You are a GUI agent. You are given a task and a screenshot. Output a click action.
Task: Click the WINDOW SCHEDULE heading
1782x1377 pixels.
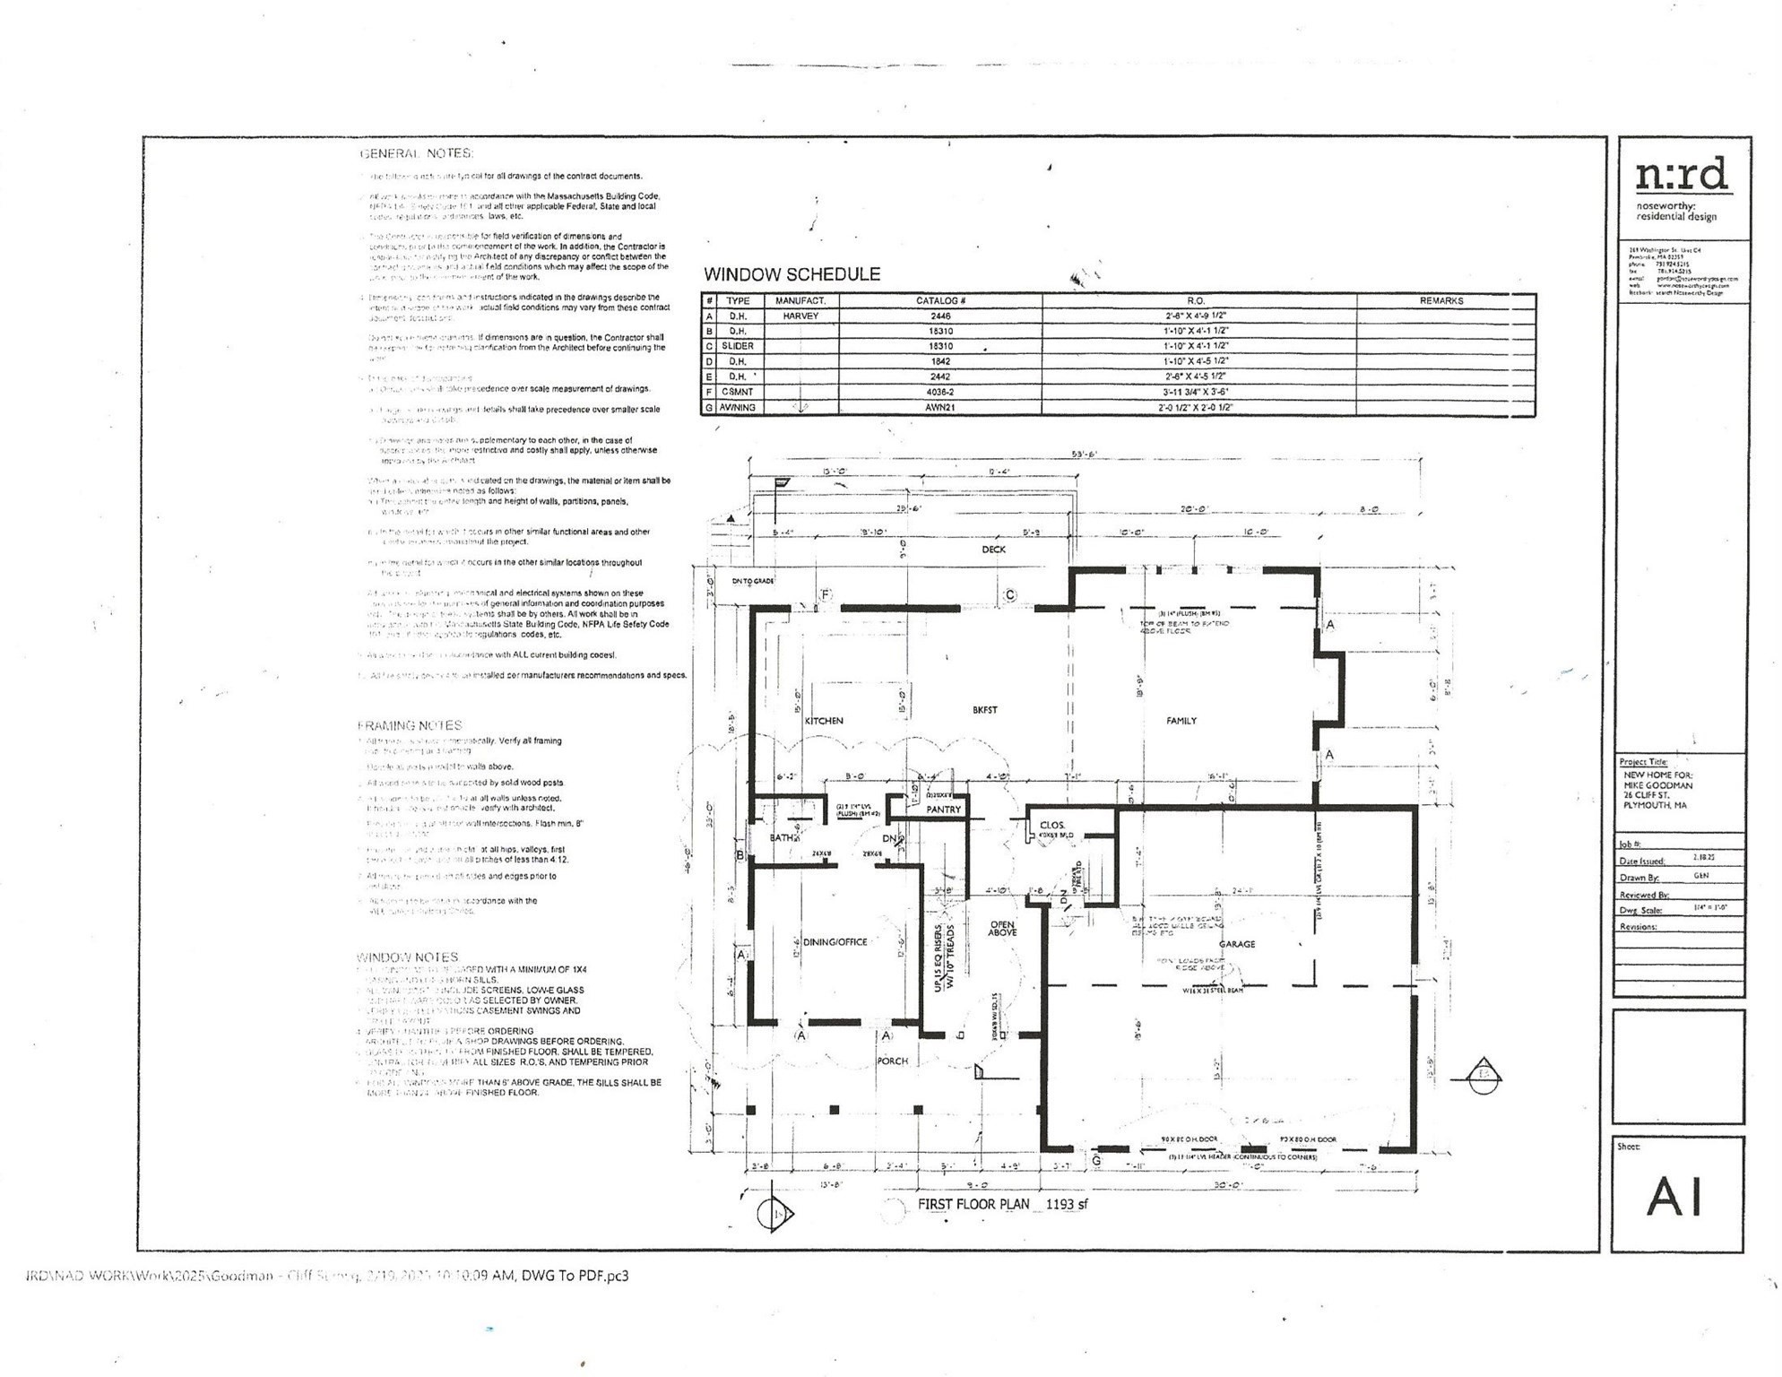(x=792, y=274)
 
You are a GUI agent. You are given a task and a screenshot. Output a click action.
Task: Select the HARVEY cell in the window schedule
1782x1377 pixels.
(x=800, y=316)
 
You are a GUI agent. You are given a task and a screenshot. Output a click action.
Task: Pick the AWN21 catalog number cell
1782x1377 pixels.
(x=939, y=407)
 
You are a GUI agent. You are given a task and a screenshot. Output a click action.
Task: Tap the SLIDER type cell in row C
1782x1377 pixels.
(x=737, y=346)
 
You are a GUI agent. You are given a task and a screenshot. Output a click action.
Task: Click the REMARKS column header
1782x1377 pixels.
(x=1440, y=300)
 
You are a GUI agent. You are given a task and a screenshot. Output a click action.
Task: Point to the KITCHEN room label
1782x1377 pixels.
(x=824, y=721)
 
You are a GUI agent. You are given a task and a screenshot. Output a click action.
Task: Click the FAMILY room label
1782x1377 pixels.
(x=1181, y=721)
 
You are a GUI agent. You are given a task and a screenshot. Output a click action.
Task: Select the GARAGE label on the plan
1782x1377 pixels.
(x=1237, y=944)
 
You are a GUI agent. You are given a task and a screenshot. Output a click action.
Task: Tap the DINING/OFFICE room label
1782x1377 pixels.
(x=835, y=942)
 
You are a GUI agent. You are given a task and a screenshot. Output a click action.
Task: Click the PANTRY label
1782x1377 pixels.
(x=943, y=810)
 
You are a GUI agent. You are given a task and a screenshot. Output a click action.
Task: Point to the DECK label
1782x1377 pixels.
(x=993, y=550)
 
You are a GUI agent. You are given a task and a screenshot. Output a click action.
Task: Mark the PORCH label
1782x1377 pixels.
(x=892, y=1061)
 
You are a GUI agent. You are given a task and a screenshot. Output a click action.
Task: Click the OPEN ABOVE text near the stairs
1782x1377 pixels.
(x=1002, y=929)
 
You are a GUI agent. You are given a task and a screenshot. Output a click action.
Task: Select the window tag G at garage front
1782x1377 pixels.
(x=1096, y=1161)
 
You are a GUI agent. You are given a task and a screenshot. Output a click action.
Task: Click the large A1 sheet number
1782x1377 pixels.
(x=1674, y=1197)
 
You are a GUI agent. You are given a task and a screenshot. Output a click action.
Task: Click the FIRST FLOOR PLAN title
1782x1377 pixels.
(x=973, y=1204)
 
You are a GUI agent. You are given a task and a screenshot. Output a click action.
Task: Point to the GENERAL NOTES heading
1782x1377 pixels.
(x=416, y=153)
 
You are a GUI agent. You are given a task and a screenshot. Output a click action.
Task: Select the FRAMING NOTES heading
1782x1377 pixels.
(x=410, y=725)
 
